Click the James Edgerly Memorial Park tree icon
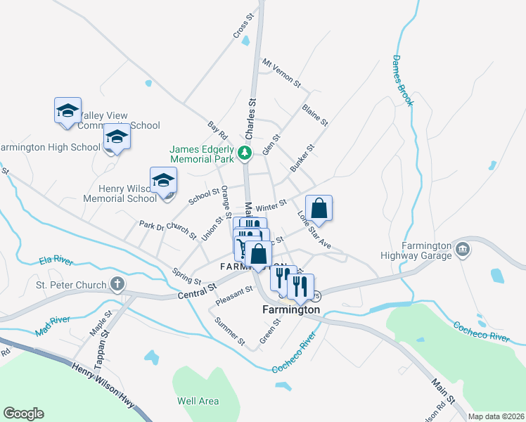[244, 152]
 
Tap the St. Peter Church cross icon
[117, 286]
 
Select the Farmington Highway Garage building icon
[463, 248]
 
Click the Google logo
[23, 414]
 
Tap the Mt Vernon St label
[281, 72]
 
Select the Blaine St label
[314, 115]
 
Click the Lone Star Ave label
[314, 229]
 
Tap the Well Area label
[198, 401]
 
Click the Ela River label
[56, 260]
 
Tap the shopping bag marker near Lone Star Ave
[319, 209]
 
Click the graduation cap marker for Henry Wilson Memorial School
[163, 181]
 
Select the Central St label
[196, 290]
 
